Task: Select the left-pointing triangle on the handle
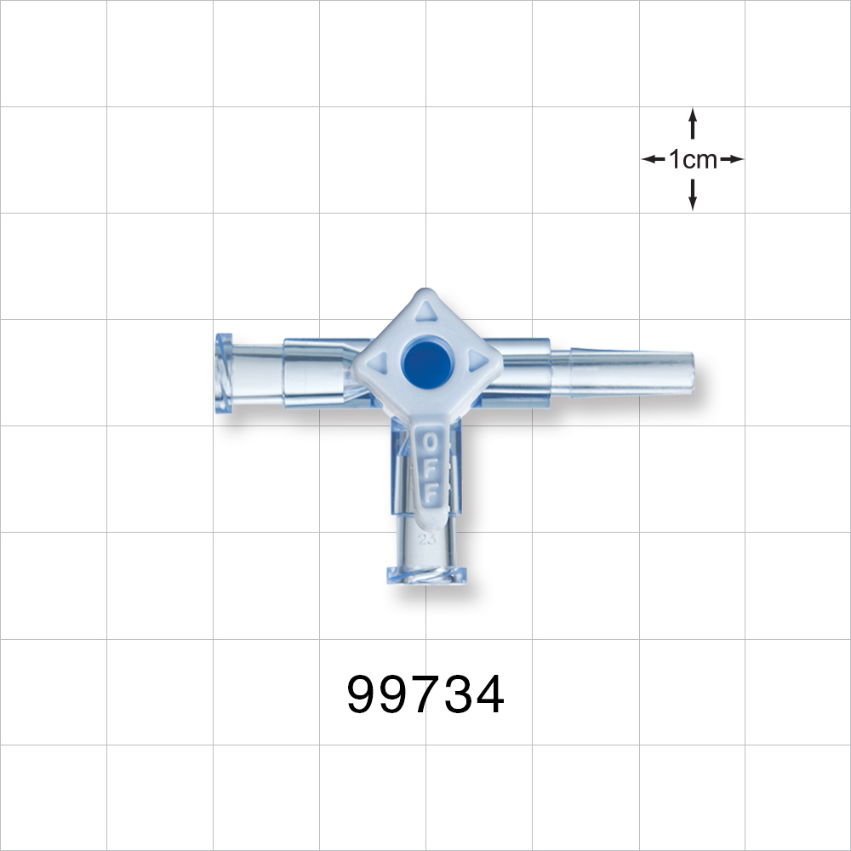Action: click(380, 360)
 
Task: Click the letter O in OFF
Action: click(431, 443)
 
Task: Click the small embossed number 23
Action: click(425, 538)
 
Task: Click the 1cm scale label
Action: click(693, 159)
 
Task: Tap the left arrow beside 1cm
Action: click(651, 159)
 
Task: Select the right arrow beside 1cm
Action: click(734, 159)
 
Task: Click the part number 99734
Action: click(425, 695)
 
